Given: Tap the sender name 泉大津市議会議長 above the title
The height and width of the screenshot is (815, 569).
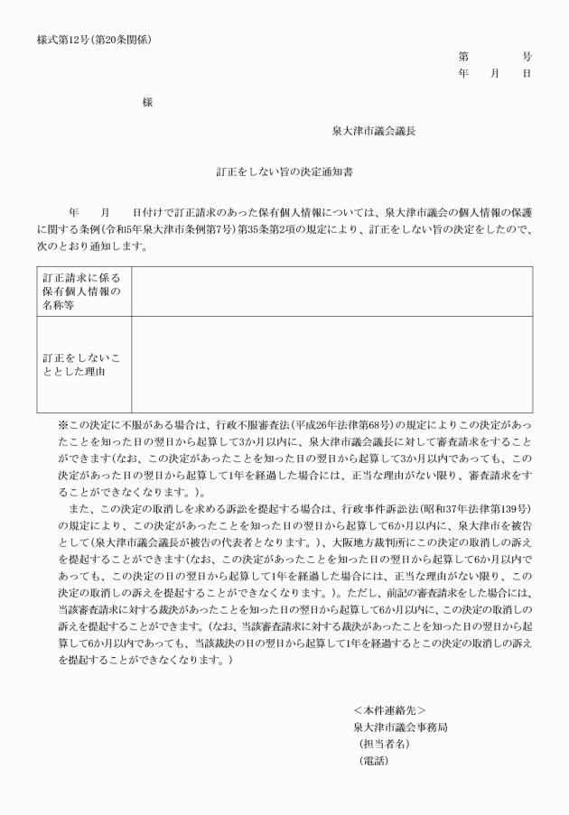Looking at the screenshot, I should click(374, 130).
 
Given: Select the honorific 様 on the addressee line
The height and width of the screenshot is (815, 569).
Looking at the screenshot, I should click(147, 103).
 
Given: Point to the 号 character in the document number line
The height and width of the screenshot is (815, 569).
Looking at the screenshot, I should click(527, 56).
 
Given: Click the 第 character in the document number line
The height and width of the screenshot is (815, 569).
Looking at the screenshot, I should click(463, 56).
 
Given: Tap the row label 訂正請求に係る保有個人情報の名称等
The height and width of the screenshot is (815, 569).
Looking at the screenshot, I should click(82, 291).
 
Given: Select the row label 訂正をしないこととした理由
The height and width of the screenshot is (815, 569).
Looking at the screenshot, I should click(82, 365).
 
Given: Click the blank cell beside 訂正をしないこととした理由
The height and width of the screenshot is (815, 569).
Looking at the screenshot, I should click(331, 365).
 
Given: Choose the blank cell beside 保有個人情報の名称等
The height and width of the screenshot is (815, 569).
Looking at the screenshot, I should click(331, 291).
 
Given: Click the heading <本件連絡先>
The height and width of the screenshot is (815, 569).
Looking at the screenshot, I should click(389, 710).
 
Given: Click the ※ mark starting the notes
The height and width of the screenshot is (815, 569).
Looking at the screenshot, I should click(63, 424).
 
